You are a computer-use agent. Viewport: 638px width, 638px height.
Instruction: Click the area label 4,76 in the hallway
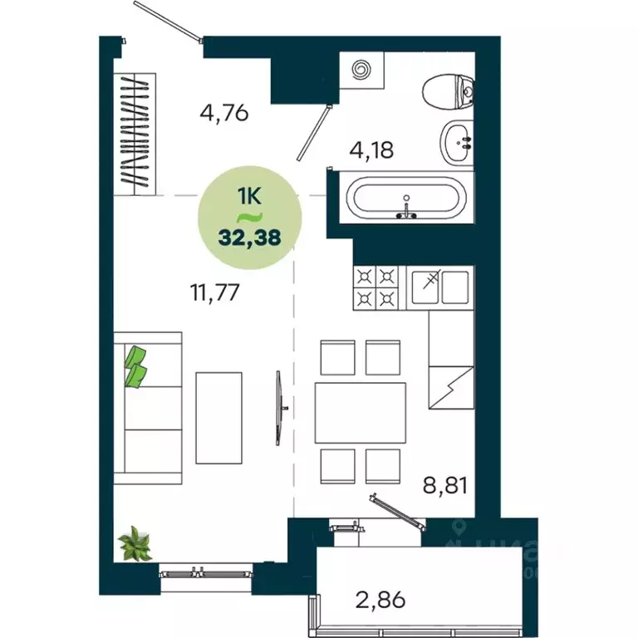(x=224, y=111)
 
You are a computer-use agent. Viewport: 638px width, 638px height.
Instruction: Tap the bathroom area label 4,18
(x=370, y=150)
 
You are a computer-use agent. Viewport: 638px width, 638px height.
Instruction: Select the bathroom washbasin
(x=456, y=142)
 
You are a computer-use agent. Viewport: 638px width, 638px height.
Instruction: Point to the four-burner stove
(x=375, y=287)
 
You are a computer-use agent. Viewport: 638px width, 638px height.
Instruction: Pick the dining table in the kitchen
(x=360, y=413)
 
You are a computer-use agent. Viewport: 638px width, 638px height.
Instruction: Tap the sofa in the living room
(x=147, y=408)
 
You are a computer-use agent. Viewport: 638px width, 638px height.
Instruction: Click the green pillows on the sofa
(x=135, y=366)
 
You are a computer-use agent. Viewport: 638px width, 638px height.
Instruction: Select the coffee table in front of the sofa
(x=218, y=417)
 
